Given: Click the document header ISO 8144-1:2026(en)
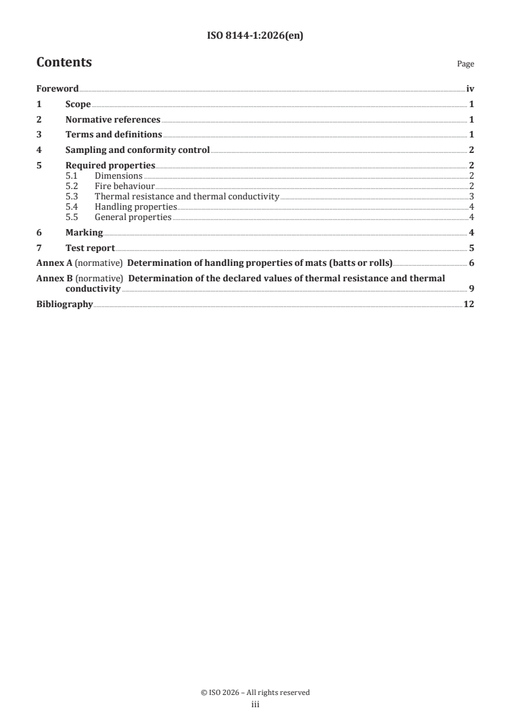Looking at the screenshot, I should [255, 36].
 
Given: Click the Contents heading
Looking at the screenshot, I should [64, 63].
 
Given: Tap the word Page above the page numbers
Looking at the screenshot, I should [465, 64].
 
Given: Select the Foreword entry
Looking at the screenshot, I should [57, 89].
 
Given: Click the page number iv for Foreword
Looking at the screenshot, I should [470, 89].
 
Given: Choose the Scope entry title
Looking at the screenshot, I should [78, 105].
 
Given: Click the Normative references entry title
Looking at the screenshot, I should [113, 119].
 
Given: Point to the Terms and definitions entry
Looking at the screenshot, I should [113, 135].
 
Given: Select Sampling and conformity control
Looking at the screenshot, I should [138, 150].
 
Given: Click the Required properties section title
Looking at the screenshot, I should [110, 166].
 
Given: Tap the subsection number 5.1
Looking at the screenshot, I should [72, 176].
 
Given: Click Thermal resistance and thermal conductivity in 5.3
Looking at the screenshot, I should [187, 197].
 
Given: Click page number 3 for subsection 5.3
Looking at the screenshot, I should [472, 197].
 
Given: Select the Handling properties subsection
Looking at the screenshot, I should [135, 207].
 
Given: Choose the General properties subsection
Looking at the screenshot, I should [133, 217].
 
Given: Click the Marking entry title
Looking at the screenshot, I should [84, 233].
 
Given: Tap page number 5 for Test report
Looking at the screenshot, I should [472, 248].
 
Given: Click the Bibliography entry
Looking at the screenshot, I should [64, 304].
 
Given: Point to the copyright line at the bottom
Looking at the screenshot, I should [255, 692].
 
